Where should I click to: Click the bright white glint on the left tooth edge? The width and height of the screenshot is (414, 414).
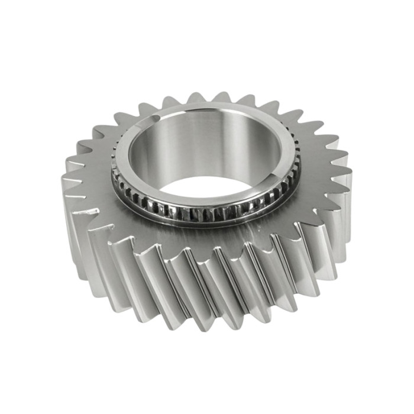(92, 210)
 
